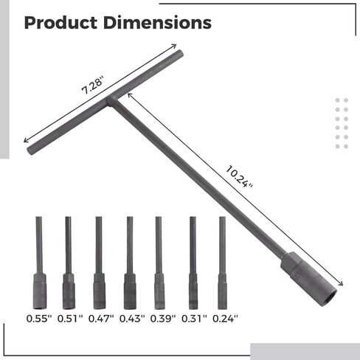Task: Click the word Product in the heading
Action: tap(60, 23)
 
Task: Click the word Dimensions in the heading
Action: tap(157, 23)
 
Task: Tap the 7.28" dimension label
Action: tap(93, 85)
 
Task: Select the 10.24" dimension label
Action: tap(239, 177)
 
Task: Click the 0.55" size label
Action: tap(39, 319)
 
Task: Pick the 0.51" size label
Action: tap(70, 319)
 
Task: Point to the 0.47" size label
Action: tap(101, 319)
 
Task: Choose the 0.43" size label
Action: tap(132, 319)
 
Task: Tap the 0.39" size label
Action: tap(163, 319)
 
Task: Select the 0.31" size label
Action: tap(194, 319)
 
